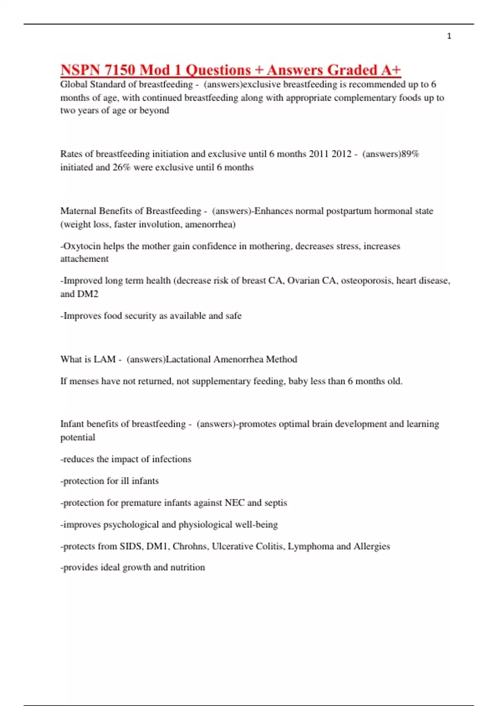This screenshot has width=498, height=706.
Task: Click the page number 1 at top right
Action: [449, 36]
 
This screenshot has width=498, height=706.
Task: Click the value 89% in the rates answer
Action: [410, 154]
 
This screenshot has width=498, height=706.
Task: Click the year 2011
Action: [319, 154]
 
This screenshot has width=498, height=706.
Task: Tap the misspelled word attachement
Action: [84, 259]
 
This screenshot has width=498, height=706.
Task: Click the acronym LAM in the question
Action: [105, 359]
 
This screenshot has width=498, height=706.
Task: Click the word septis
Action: [276, 503]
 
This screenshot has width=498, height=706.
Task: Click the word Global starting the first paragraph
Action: [73, 85]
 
